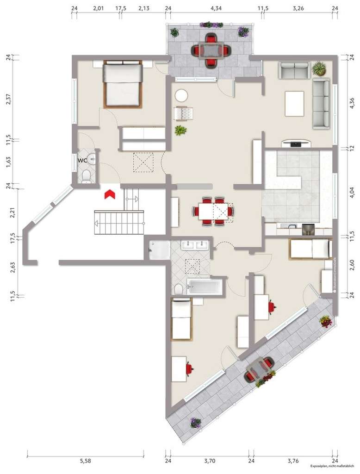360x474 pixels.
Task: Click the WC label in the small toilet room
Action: (x=82, y=160)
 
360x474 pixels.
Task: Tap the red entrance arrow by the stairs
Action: (x=110, y=194)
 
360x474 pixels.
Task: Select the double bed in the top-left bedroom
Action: (x=123, y=84)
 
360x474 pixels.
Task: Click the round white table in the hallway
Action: (x=181, y=96)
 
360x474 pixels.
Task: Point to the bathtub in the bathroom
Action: (x=204, y=286)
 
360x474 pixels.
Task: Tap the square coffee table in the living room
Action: (x=294, y=104)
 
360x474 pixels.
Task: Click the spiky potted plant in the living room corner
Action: (x=319, y=69)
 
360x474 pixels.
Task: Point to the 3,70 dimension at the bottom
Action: (x=210, y=461)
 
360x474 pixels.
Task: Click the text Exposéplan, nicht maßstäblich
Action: (x=332, y=467)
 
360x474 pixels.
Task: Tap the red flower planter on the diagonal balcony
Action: (x=326, y=321)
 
